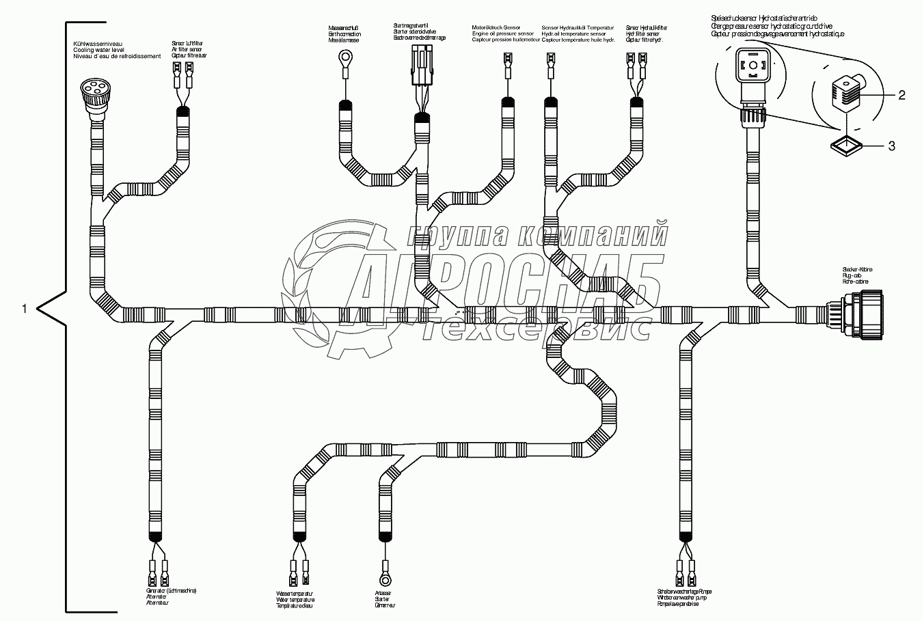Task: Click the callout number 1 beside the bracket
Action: click(x=24, y=309)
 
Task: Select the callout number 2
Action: click(x=901, y=96)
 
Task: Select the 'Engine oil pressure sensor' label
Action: click(x=502, y=33)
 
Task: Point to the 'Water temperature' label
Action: click(x=295, y=601)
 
